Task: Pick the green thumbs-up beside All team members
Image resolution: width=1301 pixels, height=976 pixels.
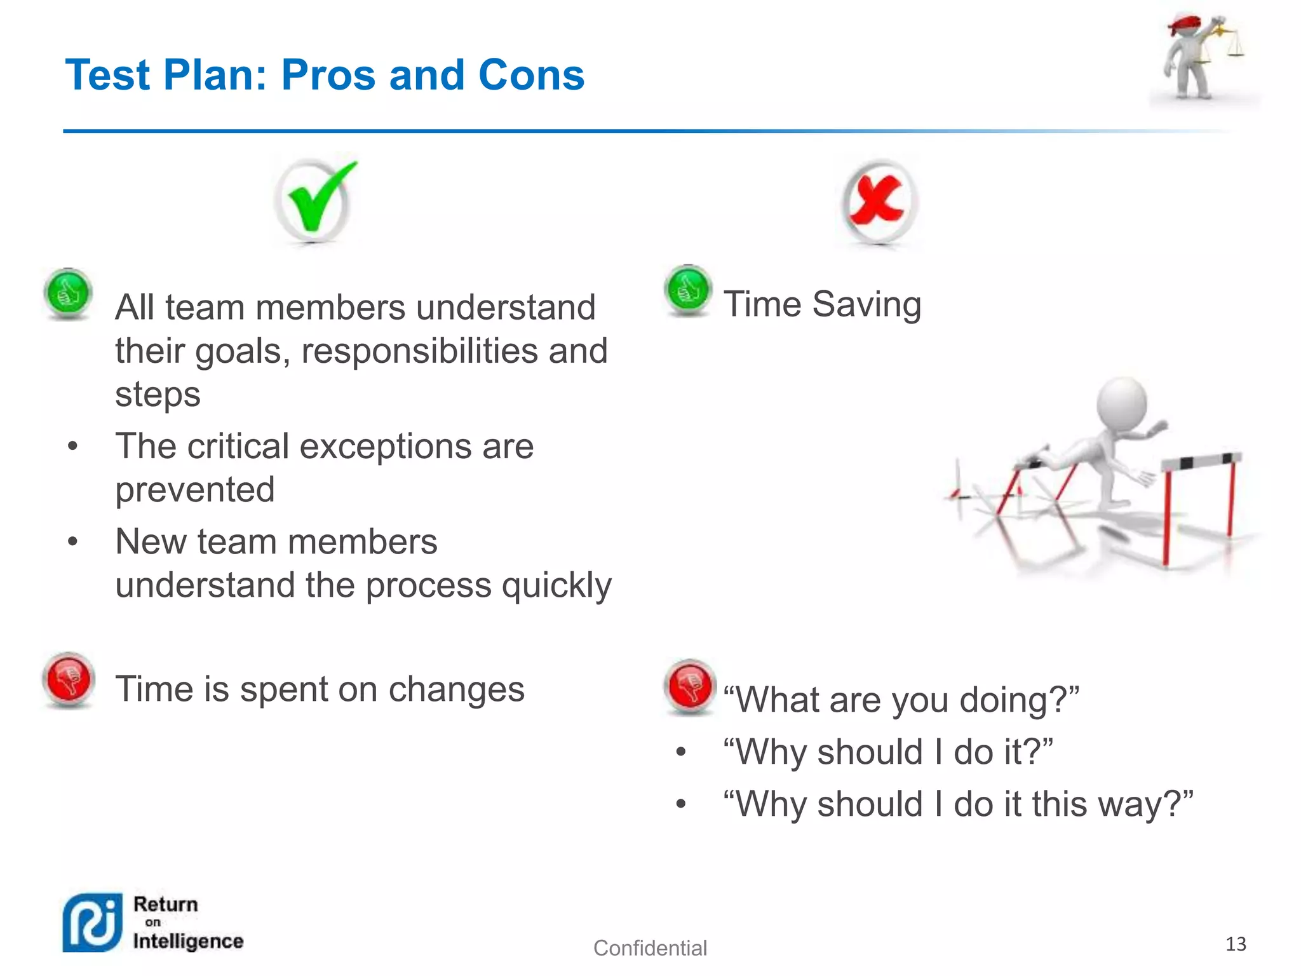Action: pos(69,294)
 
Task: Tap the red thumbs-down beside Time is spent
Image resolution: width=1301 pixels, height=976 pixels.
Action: pos(69,679)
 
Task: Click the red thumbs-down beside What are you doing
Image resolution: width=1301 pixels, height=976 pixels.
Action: pos(689,686)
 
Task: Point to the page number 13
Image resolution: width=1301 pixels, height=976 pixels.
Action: pos(1235,944)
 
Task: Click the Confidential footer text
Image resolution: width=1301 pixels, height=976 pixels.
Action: pos(649,947)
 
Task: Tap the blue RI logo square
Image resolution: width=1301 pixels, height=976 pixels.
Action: pos(93,923)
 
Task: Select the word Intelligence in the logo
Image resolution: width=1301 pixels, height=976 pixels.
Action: pos(188,941)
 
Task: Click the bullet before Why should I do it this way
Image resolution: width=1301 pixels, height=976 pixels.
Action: pos(681,804)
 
